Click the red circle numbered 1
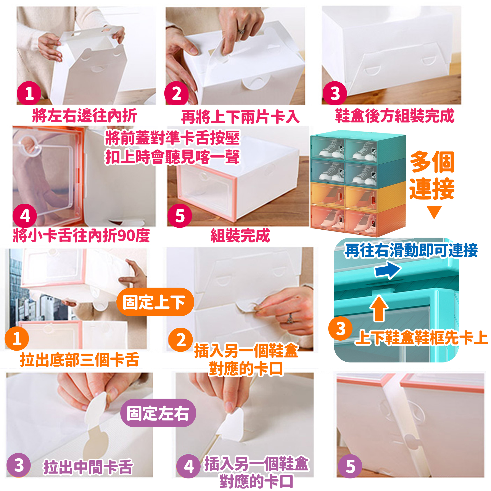coord(29,93)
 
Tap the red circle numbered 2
coord(176,93)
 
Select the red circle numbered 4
coord(25,216)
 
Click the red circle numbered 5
coord(180,216)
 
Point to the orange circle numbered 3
coord(340,328)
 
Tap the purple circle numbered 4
coord(188,466)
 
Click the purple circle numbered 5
coord(350,466)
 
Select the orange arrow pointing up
coord(379,308)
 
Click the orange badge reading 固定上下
coord(155,302)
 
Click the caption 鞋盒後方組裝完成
coord(394,116)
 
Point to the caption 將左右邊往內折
coord(85,116)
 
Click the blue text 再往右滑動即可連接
coord(411,250)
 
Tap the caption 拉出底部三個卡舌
coord(80,360)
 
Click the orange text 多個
coord(432,162)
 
